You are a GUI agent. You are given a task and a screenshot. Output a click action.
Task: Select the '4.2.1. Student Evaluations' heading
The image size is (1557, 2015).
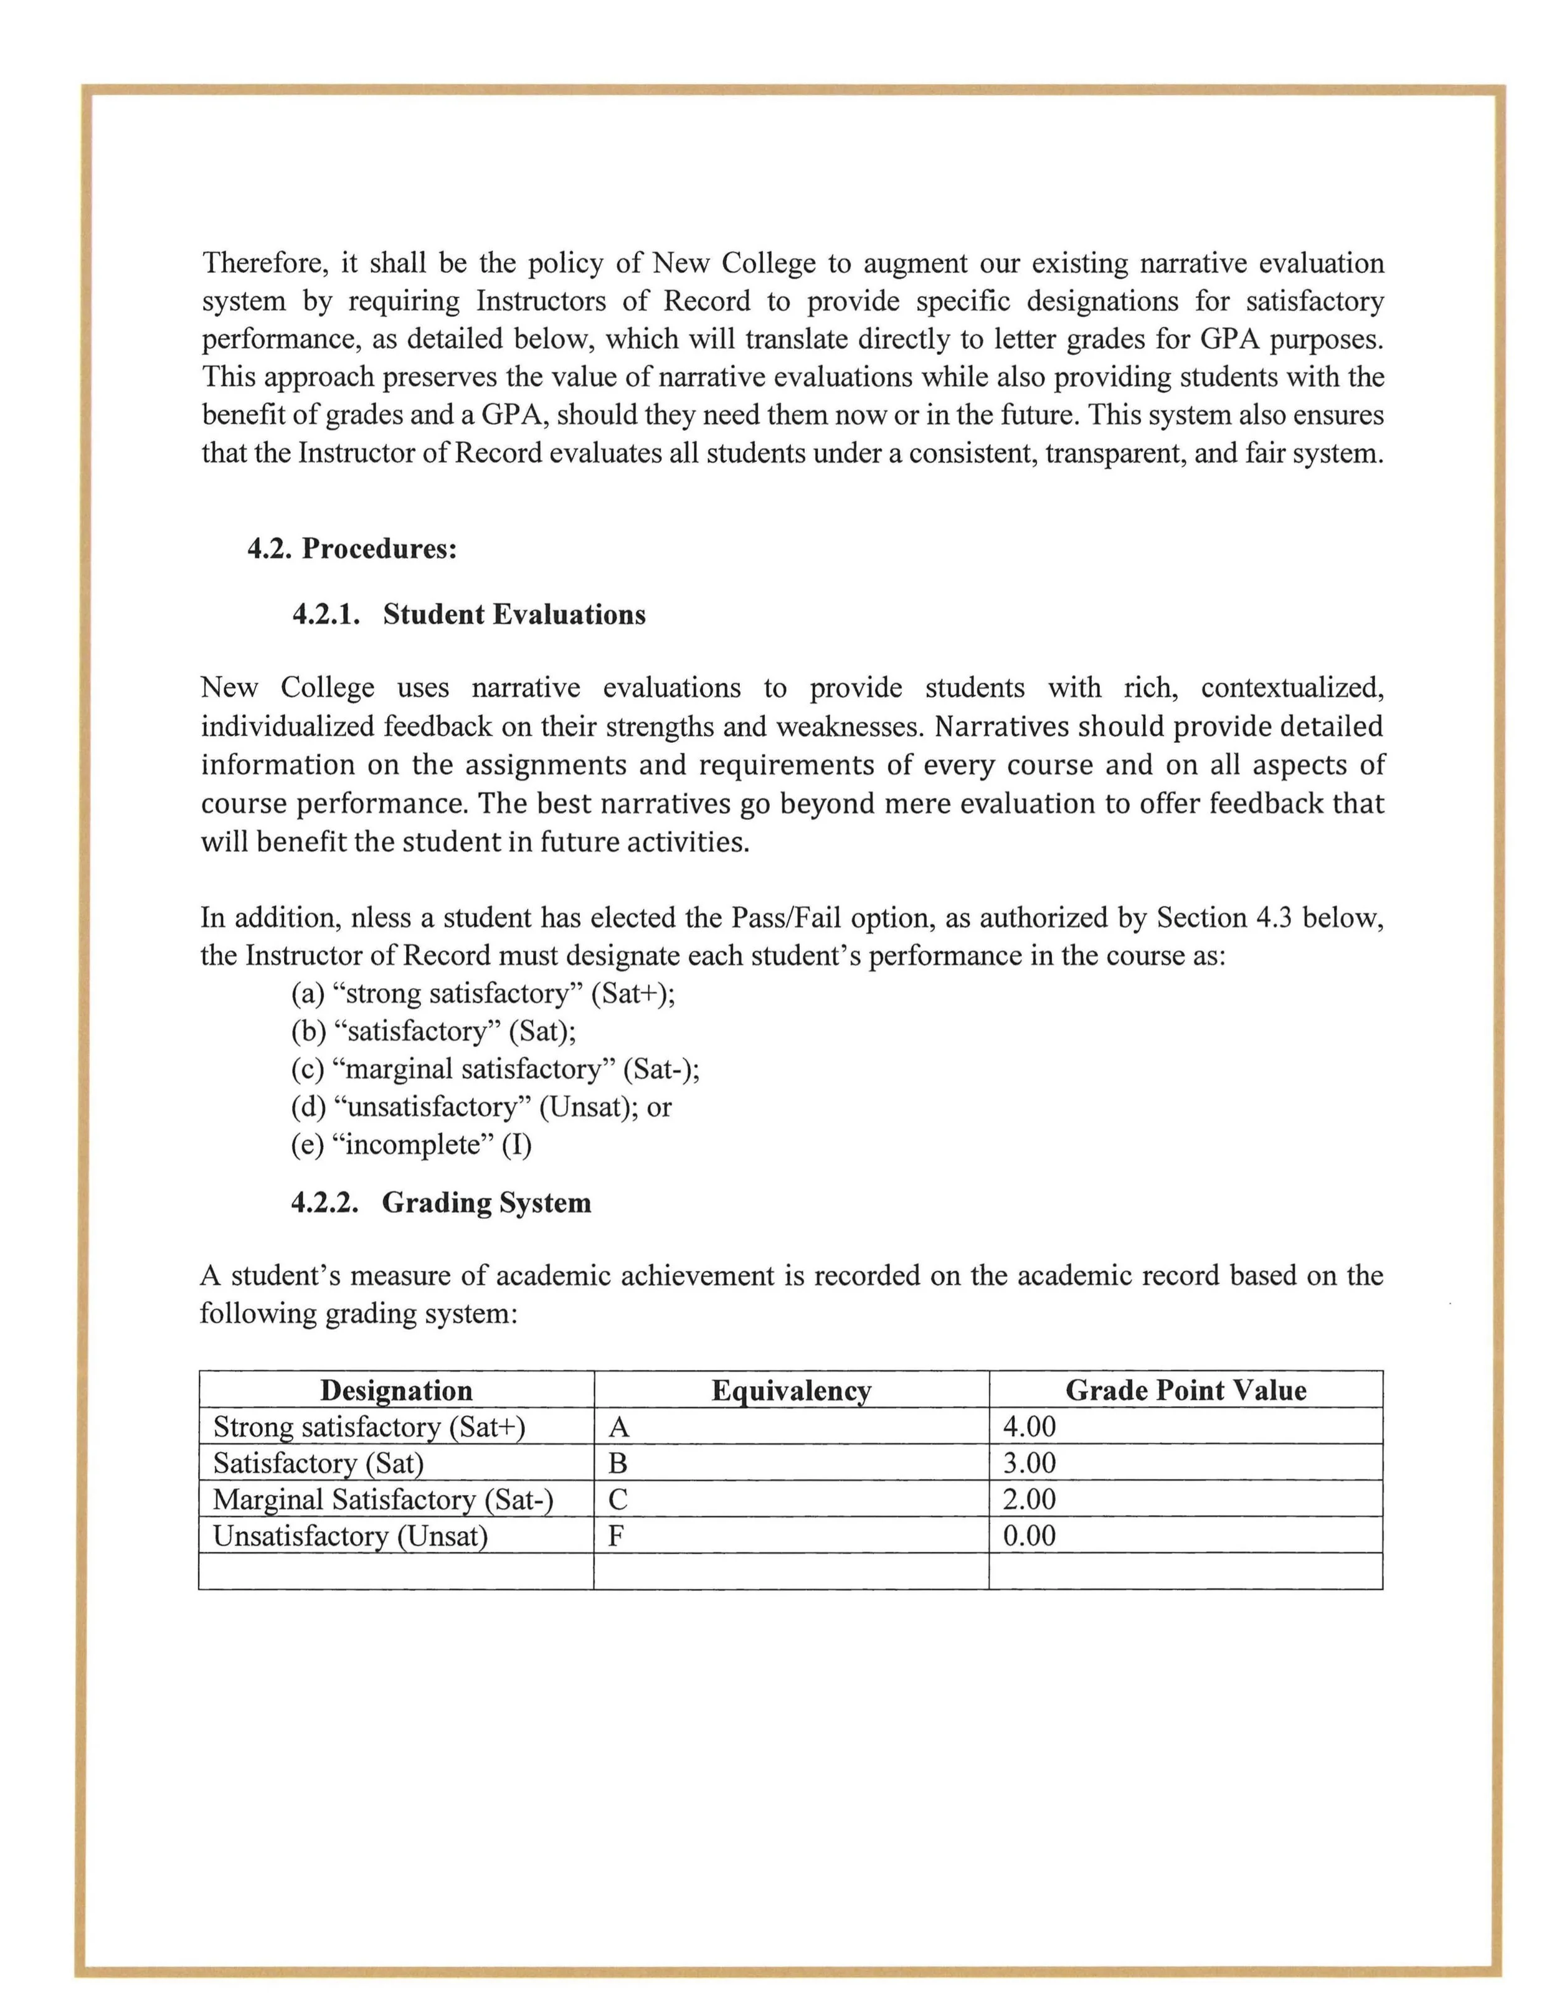[x=469, y=615]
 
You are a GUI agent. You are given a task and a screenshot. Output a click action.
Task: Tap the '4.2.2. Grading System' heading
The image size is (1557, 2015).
[x=440, y=1203]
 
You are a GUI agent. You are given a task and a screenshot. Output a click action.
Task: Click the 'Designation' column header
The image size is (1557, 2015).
[x=396, y=1390]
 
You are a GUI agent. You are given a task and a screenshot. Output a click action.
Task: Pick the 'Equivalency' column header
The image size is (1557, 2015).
[x=791, y=1390]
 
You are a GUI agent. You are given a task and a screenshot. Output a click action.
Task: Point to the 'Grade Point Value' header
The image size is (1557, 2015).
[x=1185, y=1390]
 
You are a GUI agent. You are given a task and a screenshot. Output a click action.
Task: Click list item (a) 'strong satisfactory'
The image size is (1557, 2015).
[x=483, y=994]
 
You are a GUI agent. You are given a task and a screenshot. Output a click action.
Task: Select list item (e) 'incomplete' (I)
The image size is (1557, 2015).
[x=412, y=1145]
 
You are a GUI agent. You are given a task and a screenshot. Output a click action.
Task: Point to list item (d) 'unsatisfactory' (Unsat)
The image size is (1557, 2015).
[x=481, y=1107]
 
